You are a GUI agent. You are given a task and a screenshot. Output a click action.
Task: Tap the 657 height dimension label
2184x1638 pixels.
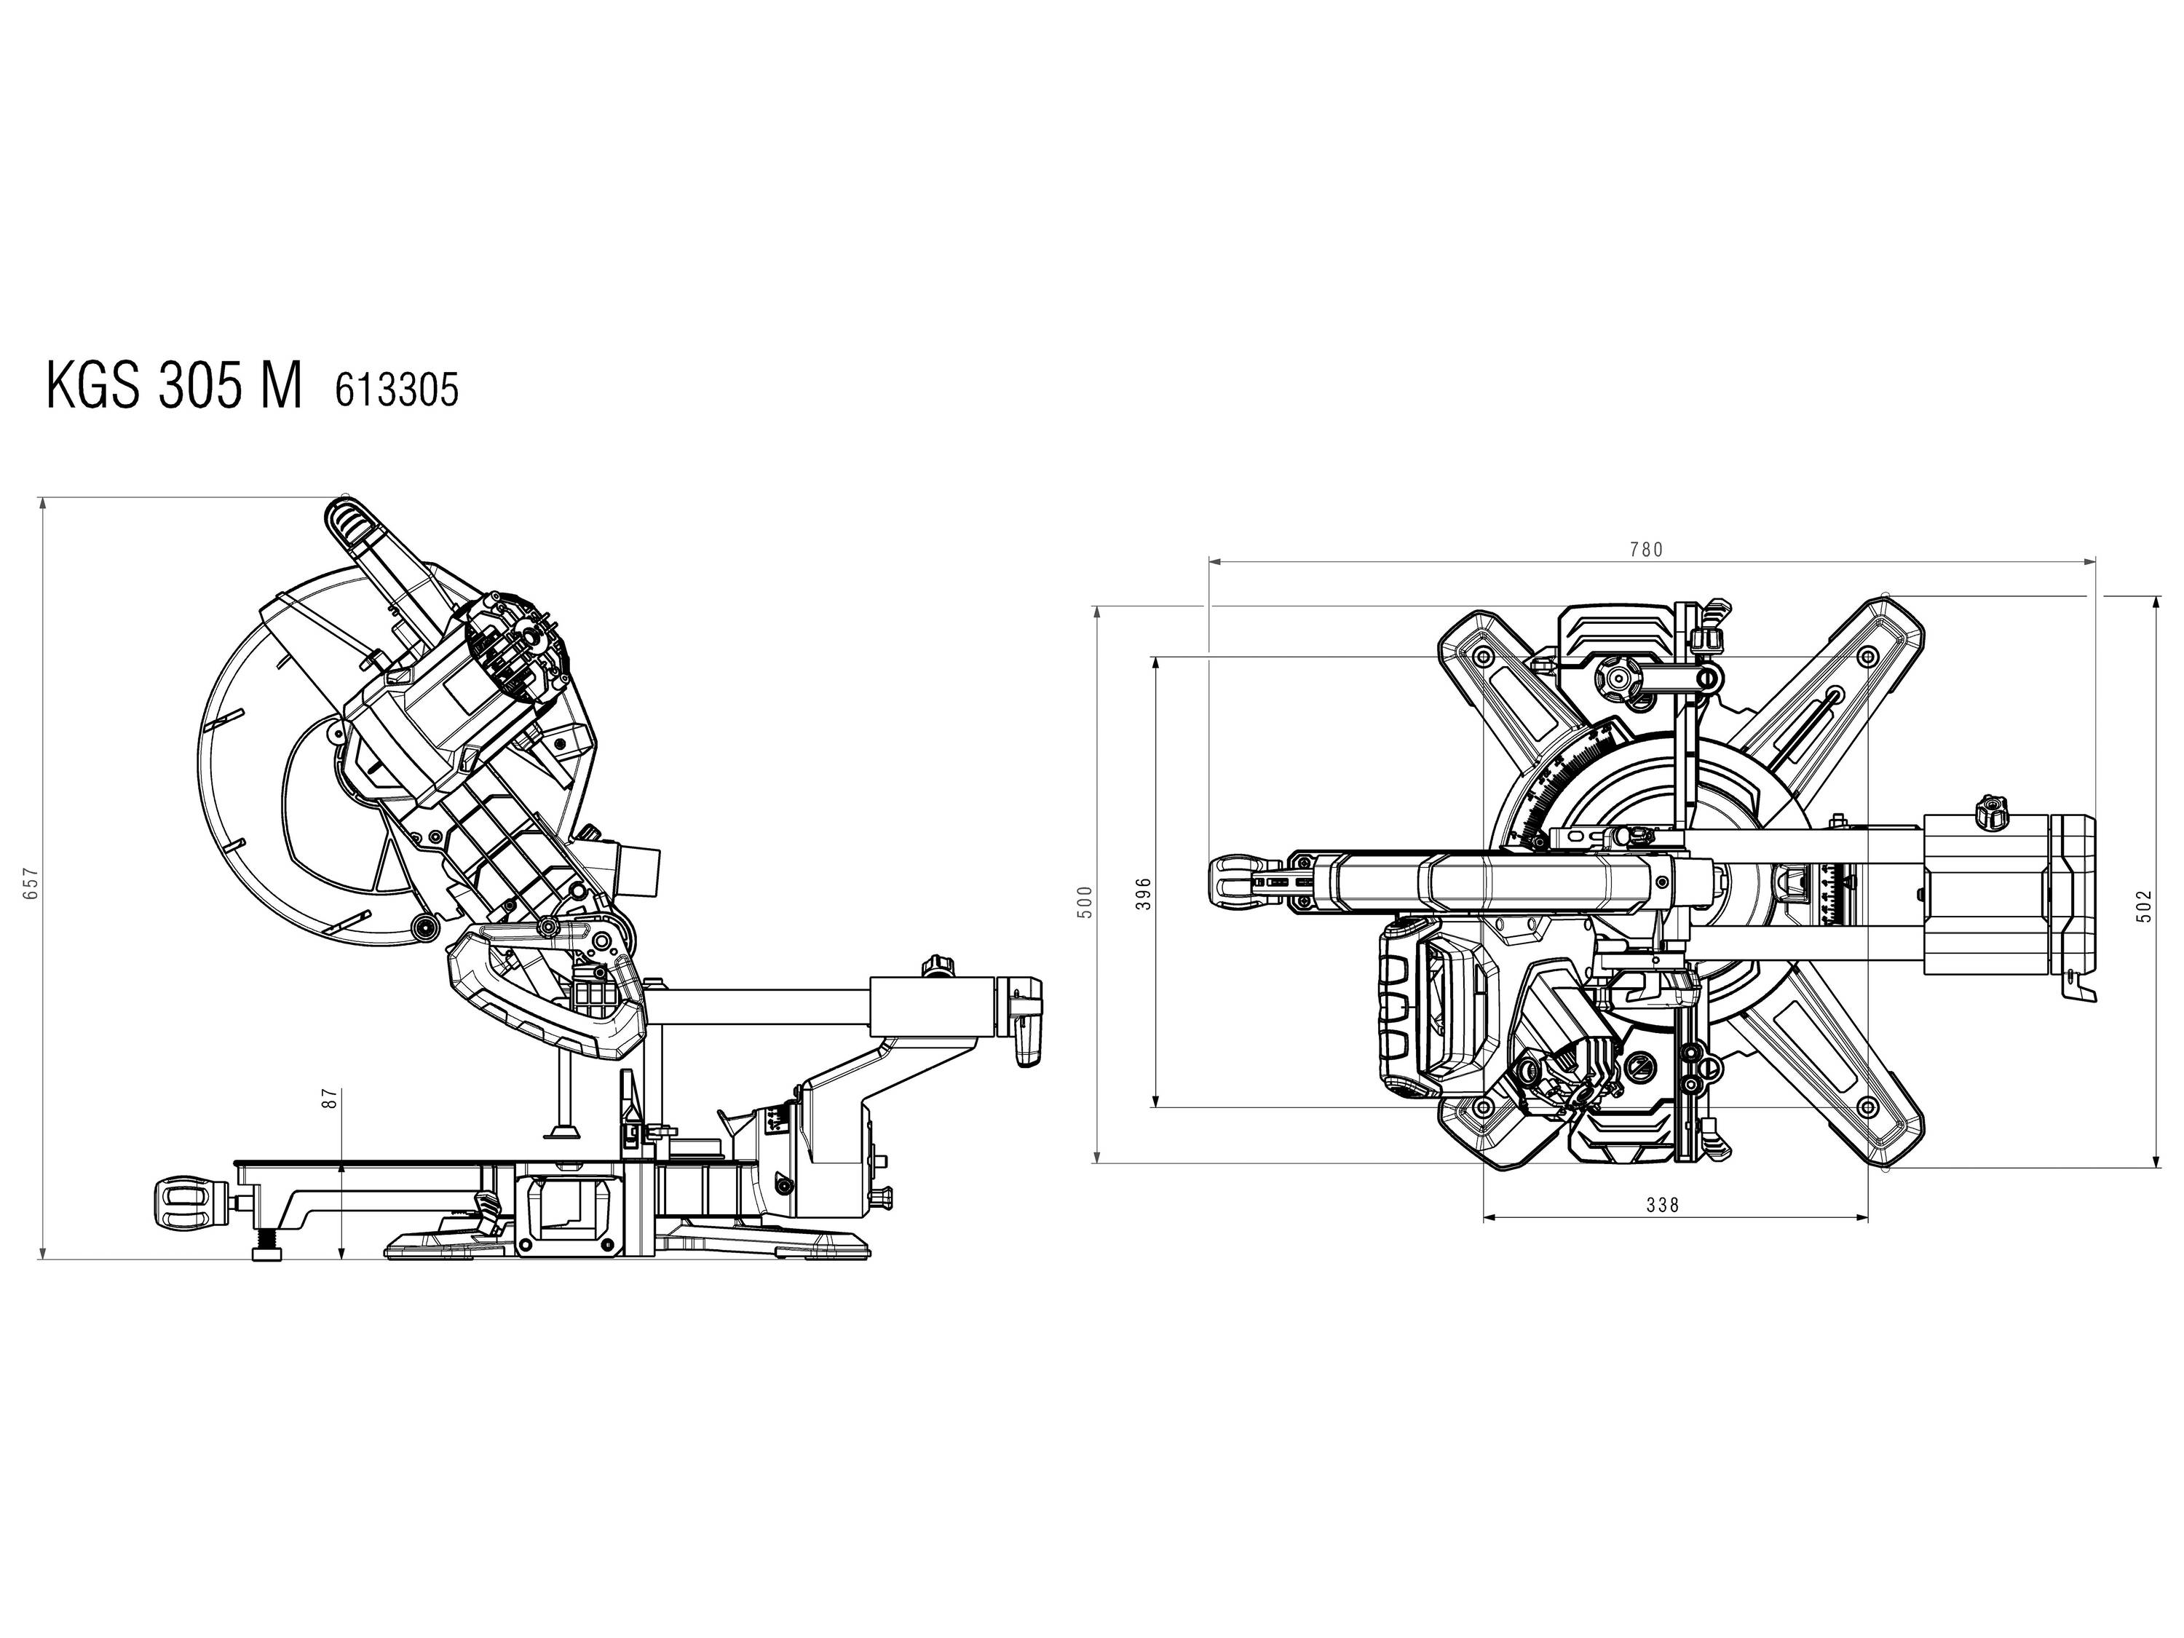[x=30, y=882]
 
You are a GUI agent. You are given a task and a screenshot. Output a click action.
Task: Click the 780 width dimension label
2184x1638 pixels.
[x=1646, y=550]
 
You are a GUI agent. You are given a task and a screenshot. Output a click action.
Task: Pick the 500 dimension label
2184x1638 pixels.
[x=1086, y=901]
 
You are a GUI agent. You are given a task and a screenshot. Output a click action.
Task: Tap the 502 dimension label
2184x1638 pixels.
[x=2145, y=906]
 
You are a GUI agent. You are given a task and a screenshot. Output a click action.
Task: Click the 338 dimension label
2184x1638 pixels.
[x=1663, y=1205]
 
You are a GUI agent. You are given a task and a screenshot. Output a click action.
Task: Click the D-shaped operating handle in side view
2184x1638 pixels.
[x=543, y=987]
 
